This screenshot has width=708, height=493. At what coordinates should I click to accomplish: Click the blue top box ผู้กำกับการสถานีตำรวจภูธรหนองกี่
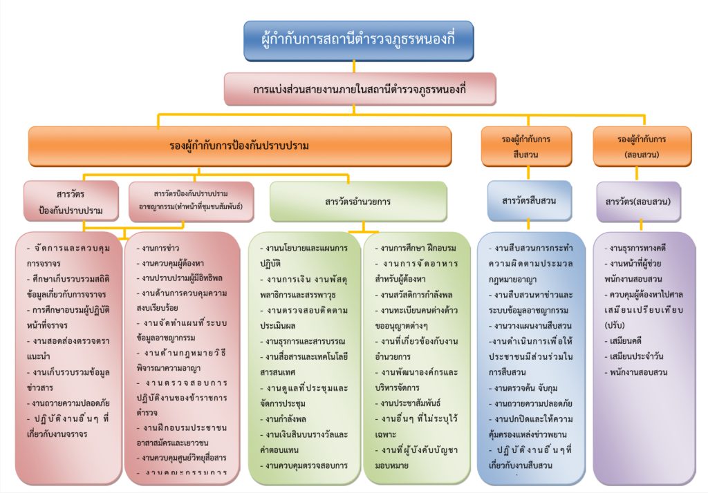coord(358,41)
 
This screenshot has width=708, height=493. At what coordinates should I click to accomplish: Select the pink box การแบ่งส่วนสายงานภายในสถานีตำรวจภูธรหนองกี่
coord(360,90)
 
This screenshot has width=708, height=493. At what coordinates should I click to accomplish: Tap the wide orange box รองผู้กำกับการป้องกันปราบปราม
coord(239,146)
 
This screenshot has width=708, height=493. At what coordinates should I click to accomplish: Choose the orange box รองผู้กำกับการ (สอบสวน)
coord(642,146)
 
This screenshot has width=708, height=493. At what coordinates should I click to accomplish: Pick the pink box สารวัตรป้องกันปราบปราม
coord(72,201)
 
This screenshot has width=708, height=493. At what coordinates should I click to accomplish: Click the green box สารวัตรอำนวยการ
coord(357,202)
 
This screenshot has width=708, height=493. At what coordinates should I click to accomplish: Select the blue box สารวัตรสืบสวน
coord(529,200)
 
